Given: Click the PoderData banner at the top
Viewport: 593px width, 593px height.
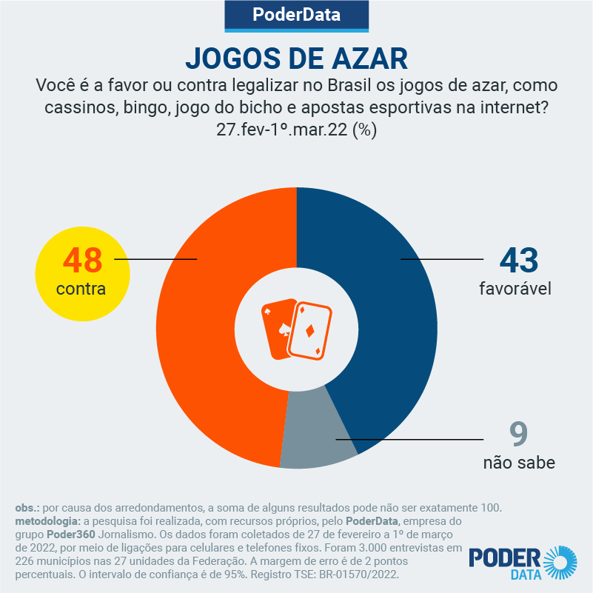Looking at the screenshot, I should coord(296,15).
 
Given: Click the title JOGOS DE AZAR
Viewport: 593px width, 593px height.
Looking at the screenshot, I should coord(296,57).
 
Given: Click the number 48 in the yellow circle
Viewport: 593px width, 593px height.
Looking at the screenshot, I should coord(82,260).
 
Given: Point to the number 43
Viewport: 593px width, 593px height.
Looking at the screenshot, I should coord(518,260).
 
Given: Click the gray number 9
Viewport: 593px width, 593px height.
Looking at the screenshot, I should coord(519,435).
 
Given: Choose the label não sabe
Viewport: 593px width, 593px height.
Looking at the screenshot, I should coord(519,463).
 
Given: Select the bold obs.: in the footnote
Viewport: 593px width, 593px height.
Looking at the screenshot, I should coord(27,508).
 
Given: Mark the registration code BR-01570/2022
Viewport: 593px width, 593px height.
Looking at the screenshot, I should coord(355,574).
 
